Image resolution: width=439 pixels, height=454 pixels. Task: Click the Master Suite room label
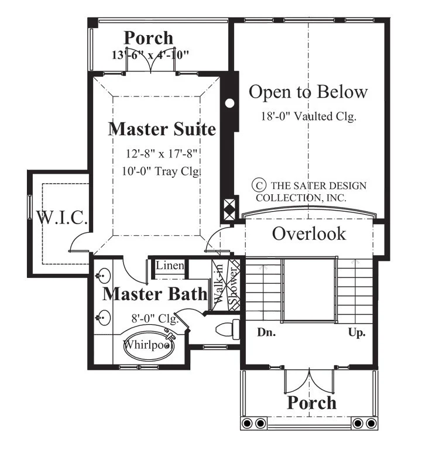162,129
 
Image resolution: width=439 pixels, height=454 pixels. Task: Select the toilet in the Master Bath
228,329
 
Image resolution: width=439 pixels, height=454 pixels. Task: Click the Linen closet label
170,265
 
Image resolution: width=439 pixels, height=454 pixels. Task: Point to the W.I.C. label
61,218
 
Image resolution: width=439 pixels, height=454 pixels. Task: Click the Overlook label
309,233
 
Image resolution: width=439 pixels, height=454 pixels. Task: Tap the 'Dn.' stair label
266,332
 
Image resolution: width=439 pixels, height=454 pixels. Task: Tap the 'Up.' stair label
356,333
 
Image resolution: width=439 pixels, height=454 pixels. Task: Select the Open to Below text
308,92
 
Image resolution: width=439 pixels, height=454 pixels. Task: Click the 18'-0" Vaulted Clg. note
308,116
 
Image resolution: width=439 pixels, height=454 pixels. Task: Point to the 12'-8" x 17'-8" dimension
162,153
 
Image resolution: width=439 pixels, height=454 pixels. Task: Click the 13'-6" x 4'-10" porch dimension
150,55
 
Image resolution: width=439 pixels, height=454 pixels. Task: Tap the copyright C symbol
259,185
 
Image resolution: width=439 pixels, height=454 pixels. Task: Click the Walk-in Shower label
226,284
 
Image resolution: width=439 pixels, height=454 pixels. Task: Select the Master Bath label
155,294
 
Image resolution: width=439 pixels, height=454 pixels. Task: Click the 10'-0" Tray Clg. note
161,171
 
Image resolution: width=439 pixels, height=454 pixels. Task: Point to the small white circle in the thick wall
229,104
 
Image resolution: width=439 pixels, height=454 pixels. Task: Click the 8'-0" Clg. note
155,318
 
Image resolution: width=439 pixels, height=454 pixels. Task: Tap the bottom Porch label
312,403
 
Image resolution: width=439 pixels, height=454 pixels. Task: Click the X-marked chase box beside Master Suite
230,209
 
